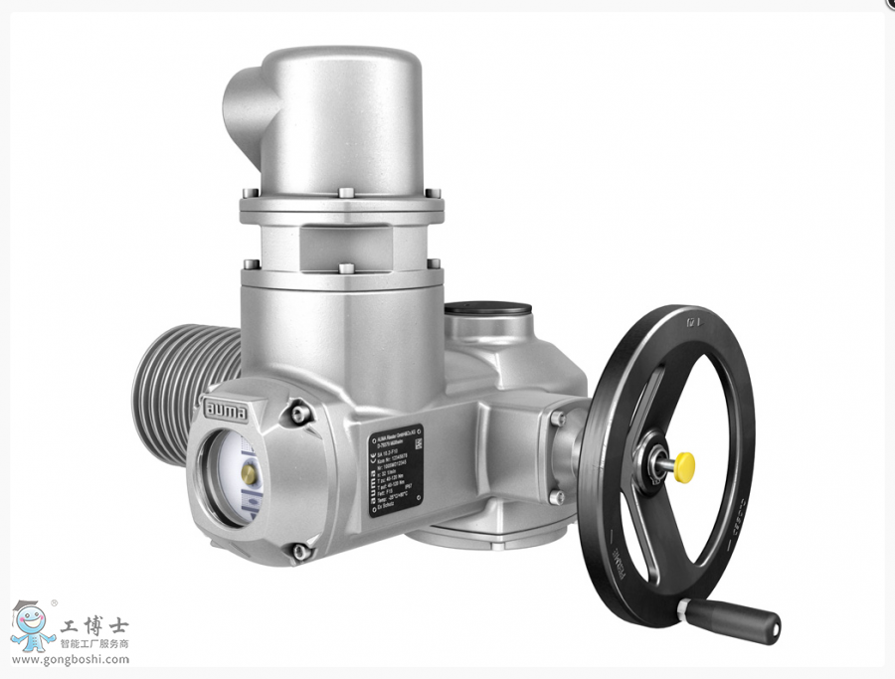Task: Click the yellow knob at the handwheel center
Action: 684,465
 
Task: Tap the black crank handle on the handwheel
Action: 730,619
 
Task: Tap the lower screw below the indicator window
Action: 298,550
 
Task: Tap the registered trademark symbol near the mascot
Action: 54,602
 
